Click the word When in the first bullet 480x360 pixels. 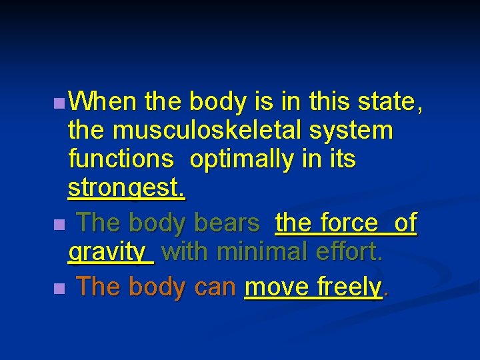pyautogui.click(x=103, y=102)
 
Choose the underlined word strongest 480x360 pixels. pyautogui.click(x=127, y=189)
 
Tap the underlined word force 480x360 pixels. pyautogui.click(x=348, y=223)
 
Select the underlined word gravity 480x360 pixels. pyautogui.click(x=110, y=253)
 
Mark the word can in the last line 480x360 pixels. pyautogui.click(x=216, y=287)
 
